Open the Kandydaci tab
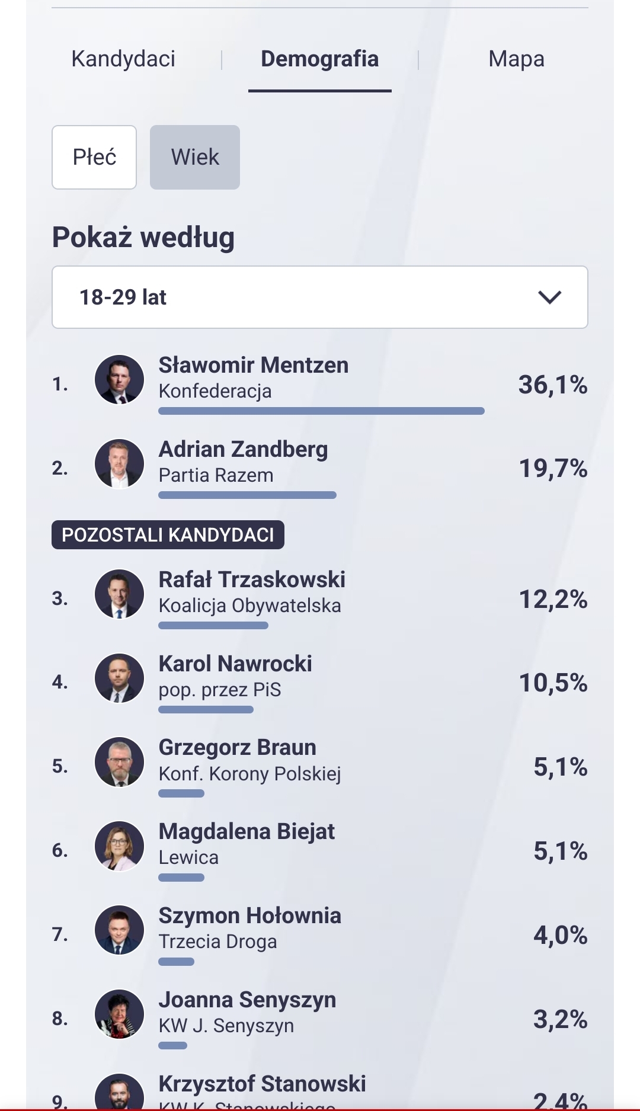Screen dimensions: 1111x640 click(123, 59)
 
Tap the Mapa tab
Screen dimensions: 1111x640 click(516, 59)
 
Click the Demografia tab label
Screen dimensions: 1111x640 click(319, 59)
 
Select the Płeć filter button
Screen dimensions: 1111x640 click(94, 157)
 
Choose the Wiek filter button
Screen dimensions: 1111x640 click(195, 157)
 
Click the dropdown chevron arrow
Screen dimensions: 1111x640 click(549, 297)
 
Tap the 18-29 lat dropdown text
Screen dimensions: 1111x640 click(123, 297)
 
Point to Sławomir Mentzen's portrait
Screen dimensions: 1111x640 click(119, 380)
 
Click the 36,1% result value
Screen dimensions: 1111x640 click(553, 385)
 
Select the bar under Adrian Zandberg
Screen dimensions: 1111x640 click(247, 495)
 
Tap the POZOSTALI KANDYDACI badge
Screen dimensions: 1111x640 click(168, 534)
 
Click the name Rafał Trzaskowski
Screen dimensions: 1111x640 click(252, 579)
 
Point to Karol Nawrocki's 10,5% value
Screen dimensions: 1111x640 click(553, 683)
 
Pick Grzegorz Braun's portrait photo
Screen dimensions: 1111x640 click(119, 762)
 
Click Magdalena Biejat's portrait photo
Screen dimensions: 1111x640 click(119, 846)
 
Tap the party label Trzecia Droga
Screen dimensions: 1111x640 click(217, 942)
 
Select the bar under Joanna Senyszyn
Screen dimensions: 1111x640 click(173, 1046)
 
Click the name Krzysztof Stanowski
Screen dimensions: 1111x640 click(262, 1084)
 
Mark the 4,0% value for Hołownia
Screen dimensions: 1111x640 click(560, 935)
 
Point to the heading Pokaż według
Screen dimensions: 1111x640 click(143, 237)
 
